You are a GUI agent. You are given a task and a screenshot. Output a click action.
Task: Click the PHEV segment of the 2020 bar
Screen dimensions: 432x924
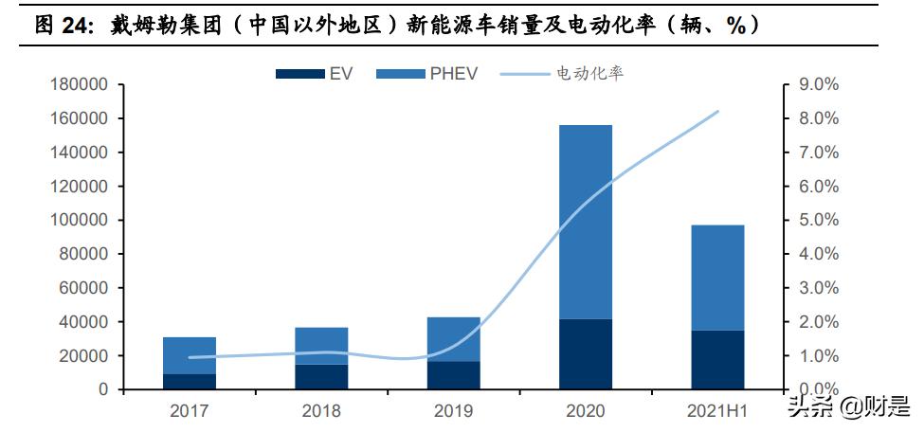point(585,222)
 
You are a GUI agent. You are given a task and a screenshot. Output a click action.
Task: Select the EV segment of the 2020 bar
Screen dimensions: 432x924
point(585,354)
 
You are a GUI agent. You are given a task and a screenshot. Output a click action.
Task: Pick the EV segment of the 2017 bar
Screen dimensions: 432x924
point(189,381)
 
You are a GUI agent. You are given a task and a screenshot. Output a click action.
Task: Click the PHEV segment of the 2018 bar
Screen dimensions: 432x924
point(321,346)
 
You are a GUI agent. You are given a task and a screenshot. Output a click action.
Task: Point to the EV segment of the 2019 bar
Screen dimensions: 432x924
point(453,375)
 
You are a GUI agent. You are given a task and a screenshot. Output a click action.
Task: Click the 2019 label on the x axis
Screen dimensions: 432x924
point(453,411)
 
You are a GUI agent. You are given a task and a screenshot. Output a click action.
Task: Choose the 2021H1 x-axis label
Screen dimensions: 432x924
point(717,411)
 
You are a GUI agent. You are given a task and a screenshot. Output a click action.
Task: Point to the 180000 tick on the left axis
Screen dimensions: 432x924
point(79,85)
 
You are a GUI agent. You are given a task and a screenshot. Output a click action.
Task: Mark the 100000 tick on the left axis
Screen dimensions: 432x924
point(79,221)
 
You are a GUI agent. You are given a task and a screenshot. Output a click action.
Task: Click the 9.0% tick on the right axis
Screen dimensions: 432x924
point(820,85)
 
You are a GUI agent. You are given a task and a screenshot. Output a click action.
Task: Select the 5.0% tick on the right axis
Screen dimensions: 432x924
point(820,221)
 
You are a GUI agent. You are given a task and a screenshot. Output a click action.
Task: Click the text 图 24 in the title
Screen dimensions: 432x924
point(63,26)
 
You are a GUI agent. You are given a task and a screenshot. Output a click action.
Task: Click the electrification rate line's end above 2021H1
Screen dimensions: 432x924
point(717,112)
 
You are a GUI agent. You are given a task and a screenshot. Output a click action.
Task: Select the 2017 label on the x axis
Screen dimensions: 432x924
point(189,411)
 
